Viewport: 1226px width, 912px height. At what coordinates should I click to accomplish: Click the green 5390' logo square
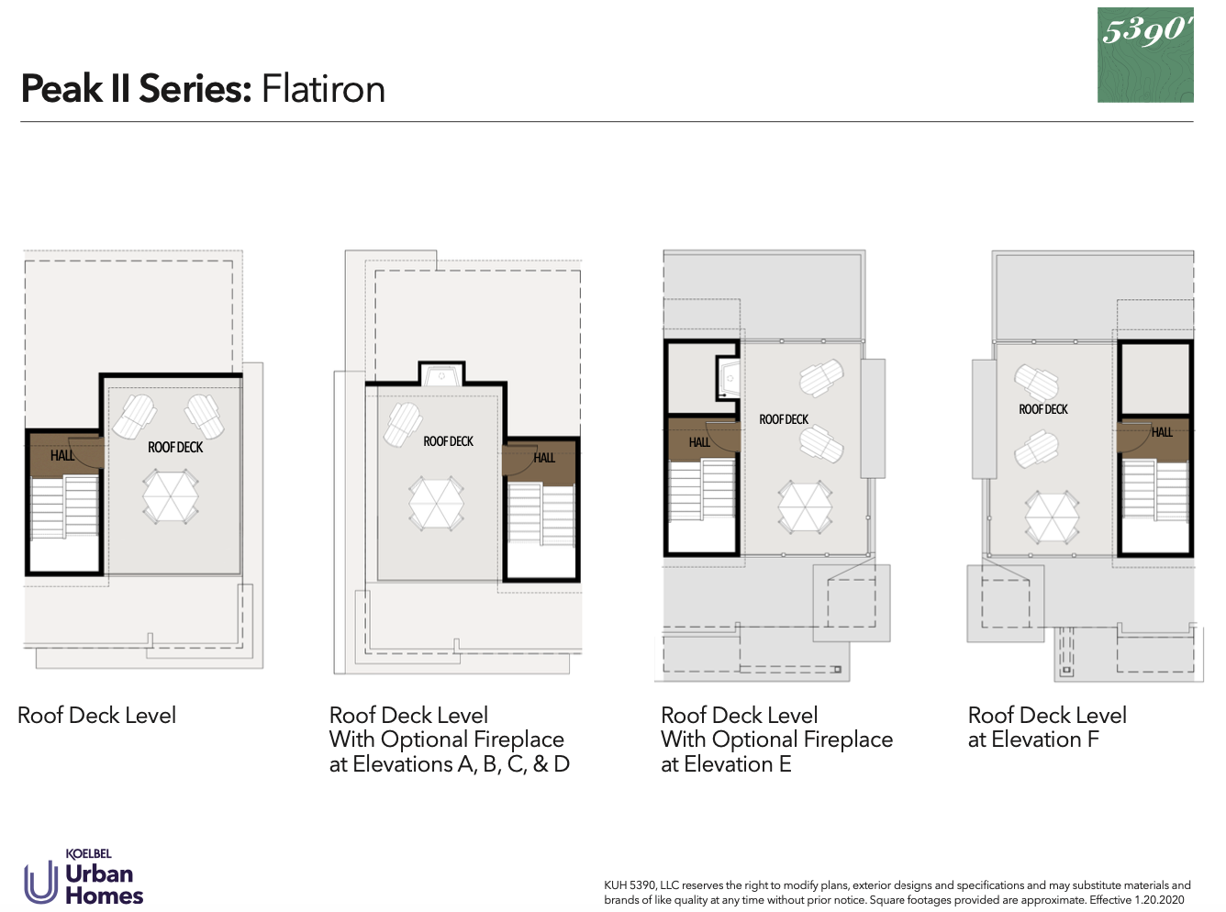coord(1145,55)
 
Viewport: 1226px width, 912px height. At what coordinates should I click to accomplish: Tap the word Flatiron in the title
coord(323,89)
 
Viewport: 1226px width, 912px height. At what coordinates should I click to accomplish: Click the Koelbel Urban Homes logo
coord(84,877)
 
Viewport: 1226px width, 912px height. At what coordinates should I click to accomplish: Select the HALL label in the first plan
coord(62,455)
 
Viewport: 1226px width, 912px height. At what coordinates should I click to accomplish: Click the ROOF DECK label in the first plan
coord(175,447)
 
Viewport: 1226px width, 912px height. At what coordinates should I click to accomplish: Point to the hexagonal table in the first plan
coord(171,496)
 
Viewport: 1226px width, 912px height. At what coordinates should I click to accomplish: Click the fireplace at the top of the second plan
coord(441,374)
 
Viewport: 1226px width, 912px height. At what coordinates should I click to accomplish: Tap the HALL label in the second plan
coord(544,457)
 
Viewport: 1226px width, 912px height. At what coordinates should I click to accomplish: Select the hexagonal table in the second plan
coord(436,503)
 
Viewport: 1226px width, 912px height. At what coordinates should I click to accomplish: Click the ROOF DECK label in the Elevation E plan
coord(784,419)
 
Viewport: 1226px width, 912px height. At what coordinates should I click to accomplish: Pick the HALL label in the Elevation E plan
coord(699,442)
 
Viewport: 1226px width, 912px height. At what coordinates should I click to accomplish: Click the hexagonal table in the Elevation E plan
coord(805,506)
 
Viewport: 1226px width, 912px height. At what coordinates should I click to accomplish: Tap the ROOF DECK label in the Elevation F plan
coord(1043,409)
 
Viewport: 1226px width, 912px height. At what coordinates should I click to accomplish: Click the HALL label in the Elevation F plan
coord(1162,432)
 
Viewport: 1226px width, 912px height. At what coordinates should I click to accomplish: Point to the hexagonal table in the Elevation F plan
coord(1052,517)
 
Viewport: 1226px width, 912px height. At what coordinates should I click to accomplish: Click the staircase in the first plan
coord(64,506)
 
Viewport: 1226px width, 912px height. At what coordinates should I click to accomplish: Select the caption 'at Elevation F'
coord(1033,740)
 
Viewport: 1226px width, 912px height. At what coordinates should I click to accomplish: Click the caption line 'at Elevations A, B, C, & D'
coord(449,764)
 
